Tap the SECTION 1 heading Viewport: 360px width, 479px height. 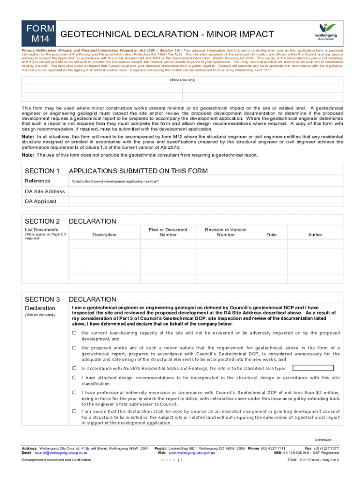(x=42, y=171)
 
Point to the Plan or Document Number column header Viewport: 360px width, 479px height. (x=168, y=232)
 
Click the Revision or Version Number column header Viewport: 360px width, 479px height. (x=225, y=232)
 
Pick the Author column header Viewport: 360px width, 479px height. (x=315, y=235)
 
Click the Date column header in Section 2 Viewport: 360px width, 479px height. (x=271, y=235)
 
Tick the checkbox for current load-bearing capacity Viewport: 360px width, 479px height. (x=74, y=333)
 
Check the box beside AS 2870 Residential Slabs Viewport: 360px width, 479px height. (x=74, y=368)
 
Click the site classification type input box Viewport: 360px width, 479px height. (x=313, y=368)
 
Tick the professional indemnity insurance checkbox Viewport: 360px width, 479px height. (x=74, y=392)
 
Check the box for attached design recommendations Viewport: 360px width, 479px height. (x=74, y=377)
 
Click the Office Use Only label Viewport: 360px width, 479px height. (x=182, y=80)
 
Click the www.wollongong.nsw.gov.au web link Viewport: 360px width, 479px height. (x=192, y=453)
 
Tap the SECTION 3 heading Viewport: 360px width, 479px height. (x=42, y=299)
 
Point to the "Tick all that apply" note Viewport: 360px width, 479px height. (x=40, y=315)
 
